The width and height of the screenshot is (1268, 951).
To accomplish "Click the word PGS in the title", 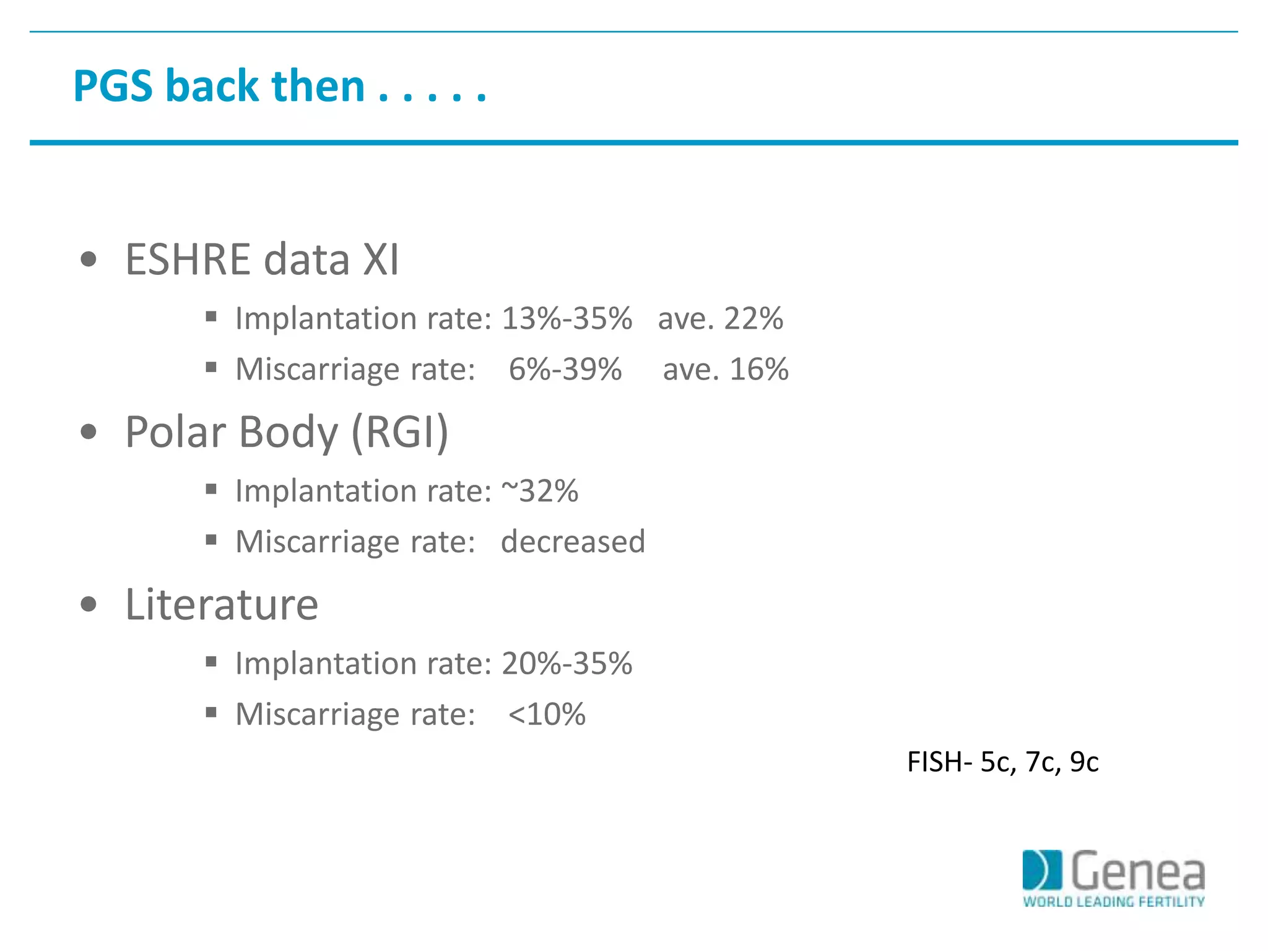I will click(x=113, y=86).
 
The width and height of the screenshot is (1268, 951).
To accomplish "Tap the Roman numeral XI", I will click(x=380, y=259).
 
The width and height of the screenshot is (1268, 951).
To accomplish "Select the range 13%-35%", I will click(x=567, y=319).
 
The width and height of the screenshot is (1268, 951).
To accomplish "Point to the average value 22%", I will click(x=753, y=319).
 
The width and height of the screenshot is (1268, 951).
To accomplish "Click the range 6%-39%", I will click(x=565, y=370).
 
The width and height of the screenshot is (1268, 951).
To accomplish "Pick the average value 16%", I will click(x=758, y=370).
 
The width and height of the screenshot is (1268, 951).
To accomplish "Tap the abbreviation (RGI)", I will click(x=400, y=432).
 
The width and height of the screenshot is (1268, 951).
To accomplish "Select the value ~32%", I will click(x=539, y=492).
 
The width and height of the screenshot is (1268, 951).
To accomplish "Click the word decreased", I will click(x=573, y=542).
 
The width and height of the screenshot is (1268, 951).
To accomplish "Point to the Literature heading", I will click(x=222, y=604).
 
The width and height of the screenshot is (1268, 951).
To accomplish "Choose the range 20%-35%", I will click(x=567, y=664).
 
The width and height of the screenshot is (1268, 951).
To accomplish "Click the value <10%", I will click(x=546, y=714).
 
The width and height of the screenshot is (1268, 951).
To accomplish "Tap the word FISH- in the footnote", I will click(x=939, y=762).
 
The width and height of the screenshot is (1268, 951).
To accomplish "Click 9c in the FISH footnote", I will click(x=1084, y=762).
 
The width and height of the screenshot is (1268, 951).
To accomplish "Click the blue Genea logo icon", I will click(x=1042, y=870).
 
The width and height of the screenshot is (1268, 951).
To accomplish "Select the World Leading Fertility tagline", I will click(x=1113, y=901).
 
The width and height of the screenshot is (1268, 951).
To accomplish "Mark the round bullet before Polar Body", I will click(x=89, y=432).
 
